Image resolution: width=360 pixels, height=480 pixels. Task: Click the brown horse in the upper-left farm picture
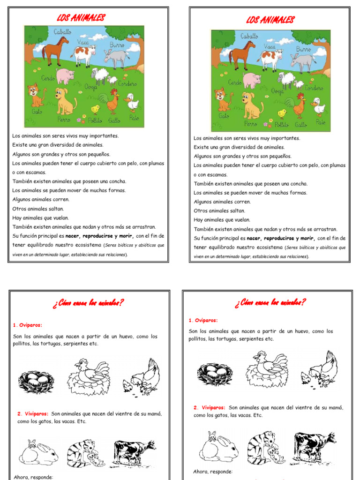pyautogui.click(x=55, y=50)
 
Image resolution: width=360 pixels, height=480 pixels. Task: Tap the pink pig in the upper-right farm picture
pyautogui.click(x=252, y=80)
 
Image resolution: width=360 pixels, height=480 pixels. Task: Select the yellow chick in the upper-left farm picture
pyautogui.click(x=96, y=109)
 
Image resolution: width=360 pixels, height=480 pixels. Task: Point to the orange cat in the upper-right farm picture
pyautogui.click(x=222, y=99)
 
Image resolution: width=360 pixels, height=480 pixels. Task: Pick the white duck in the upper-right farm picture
pyautogui.click(x=318, y=107)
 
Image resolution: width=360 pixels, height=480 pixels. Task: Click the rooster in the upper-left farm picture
pyautogui.click(x=112, y=101)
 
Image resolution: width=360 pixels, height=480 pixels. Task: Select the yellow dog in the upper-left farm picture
pyautogui.click(x=64, y=101)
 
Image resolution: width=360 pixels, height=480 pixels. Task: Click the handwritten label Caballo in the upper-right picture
pyautogui.click(x=249, y=36)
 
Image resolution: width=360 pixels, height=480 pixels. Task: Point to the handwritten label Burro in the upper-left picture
pyautogui.click(x=117, y=45)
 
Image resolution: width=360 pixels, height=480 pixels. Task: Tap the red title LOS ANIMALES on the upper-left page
pyautogui.click(x=81, y=18)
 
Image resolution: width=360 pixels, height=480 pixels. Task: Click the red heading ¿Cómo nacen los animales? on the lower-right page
pyautogui.click(x=270, y=302)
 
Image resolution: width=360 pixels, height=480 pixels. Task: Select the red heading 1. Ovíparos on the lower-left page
pyautogui.click(x=28, y=324)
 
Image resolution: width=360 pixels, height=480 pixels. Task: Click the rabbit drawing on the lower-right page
pyautogui.click(x=218, y=448)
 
